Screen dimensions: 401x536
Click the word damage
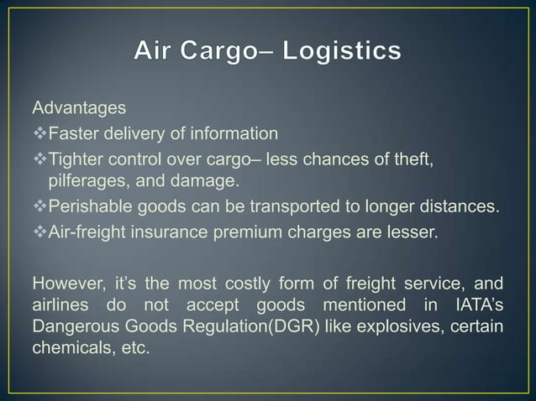click(x=204, y=180)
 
